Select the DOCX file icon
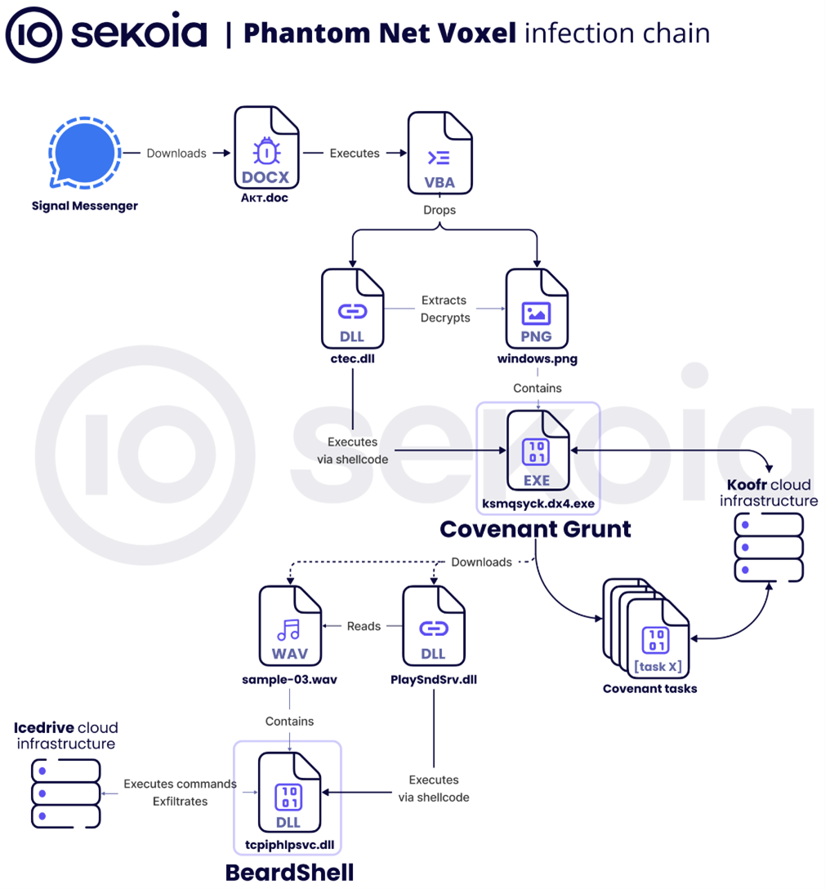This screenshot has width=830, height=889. [266, 151]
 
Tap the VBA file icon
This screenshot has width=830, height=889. [439, 153]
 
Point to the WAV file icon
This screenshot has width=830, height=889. [289, 627]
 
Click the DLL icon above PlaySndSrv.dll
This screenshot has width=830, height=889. [433, 627]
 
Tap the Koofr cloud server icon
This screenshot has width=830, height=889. [769, 547]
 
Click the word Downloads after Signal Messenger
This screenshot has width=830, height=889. [176, 153]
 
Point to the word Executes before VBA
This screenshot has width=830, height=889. [355, 153]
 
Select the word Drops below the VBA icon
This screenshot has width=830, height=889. [440, 210]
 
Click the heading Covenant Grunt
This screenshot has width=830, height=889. [535, 529]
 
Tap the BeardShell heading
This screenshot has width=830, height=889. [289, 873]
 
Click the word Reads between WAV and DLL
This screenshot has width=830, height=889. [364, 626]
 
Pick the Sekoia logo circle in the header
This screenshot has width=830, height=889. [33, 34]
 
